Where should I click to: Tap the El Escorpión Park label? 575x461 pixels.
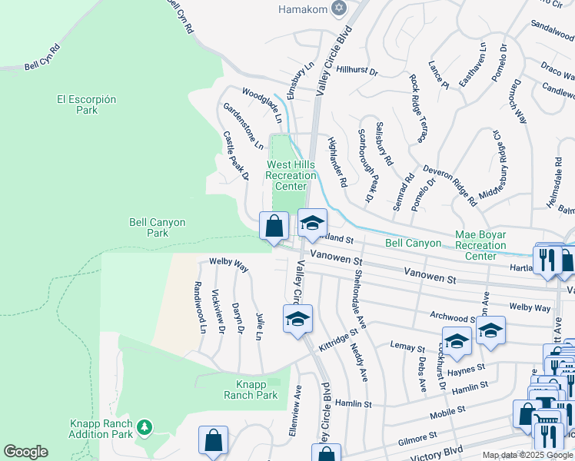[x=87, y=104]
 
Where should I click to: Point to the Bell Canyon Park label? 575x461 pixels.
[x=157, y=227]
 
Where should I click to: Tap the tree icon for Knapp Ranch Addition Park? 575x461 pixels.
[x=144, y=427]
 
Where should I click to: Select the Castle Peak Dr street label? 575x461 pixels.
[x=236, y=155]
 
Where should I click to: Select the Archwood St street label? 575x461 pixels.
[x=453, y=317]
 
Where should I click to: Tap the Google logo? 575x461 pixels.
[x=25, y=452]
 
